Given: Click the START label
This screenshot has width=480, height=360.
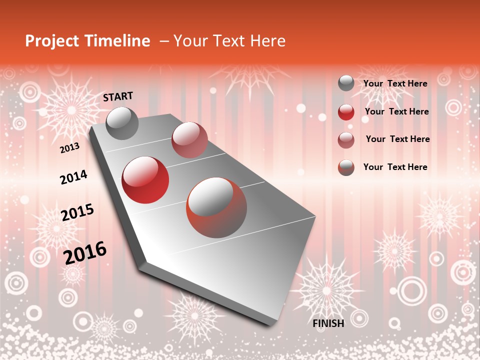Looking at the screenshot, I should pos(118,96).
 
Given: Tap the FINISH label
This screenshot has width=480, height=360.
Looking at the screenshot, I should pos(328,323).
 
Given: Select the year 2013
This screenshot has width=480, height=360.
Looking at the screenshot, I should pos(69,148).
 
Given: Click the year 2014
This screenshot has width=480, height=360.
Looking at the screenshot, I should pos(73,177).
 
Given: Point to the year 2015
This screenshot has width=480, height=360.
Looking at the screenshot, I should pos(77,212).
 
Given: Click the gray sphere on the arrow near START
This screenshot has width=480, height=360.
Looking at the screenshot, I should pos(122,123).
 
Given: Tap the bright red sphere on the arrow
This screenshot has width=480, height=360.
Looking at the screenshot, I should pos(145,179).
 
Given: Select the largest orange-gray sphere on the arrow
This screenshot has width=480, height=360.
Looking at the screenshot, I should pos(216,207).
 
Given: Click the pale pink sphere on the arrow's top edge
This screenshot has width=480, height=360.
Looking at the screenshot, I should pos(189,139).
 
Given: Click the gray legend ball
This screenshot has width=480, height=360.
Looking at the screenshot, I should pos(345,83).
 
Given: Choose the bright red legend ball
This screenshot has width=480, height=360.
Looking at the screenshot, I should pos(345,112).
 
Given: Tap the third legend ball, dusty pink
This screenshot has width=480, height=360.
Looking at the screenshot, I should pos(345,140).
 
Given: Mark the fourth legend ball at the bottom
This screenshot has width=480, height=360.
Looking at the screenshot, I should pos(345,167).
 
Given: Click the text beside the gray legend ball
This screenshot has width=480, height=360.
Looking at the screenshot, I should pos(395,83).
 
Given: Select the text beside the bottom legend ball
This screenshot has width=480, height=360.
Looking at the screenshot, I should pos(395,167).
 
